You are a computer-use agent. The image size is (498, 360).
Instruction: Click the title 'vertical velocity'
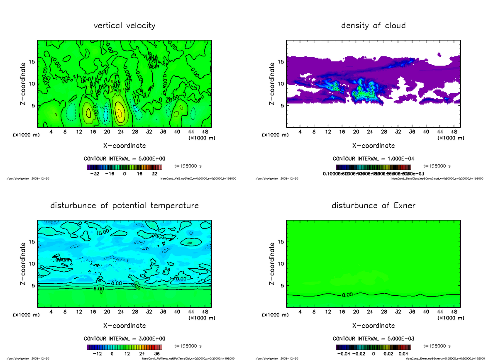[x=124, y=26]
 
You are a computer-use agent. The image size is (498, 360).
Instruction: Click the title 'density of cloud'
[x=373, y=26]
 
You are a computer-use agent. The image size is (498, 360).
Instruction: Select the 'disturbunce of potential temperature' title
[x=124, y=206]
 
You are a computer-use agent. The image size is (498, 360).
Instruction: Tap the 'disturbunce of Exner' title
[x=373, y=206]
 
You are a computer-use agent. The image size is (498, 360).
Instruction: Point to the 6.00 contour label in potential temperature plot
[x=99, y=289]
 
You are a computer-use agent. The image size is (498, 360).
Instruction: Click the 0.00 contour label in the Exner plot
[x=347, y=295]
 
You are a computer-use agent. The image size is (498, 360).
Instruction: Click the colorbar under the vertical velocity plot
[x=124, y=167]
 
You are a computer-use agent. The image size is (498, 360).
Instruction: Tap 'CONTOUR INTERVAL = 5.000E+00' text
[x=124, y=159]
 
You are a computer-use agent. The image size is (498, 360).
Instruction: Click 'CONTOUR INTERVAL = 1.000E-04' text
[x=373, y=159]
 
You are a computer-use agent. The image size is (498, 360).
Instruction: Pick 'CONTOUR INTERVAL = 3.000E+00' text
[x=124, y=338]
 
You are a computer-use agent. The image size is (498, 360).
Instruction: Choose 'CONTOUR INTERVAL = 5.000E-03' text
[x=373, y=338]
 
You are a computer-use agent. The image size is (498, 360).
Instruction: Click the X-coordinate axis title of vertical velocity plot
[x=124, y=146]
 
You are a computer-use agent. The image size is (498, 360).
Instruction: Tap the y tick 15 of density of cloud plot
[x=281, y=62]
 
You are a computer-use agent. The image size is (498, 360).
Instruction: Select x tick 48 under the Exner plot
[x=454, y=312]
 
